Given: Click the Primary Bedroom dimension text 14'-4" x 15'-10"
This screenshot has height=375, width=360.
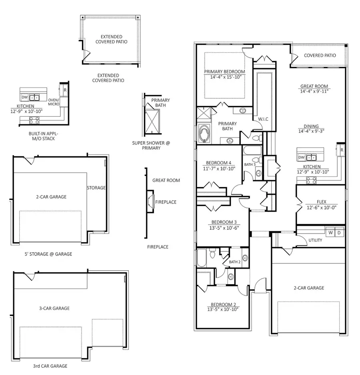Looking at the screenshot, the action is (226, 77).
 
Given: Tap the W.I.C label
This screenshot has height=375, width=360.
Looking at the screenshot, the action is (263, 119).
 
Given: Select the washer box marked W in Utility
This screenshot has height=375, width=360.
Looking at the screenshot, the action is (330, 232).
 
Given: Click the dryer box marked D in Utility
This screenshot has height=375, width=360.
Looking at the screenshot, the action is (339, 232).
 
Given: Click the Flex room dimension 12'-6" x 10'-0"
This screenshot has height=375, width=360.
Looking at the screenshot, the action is (322, 207).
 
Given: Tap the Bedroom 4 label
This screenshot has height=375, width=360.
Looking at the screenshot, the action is (218, 163).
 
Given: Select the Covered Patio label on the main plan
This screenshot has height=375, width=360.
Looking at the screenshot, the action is (320, 56).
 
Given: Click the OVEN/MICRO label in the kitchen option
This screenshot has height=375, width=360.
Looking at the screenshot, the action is (54, 102).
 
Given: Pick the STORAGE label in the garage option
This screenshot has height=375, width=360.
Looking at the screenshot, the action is (96, 188).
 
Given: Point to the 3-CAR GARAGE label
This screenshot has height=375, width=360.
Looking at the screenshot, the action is (54, 308).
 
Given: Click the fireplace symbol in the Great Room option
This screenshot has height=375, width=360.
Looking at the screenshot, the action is (150, 201).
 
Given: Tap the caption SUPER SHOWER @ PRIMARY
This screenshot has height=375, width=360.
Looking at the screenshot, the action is (151, 146).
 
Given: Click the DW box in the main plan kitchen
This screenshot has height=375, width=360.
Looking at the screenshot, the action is (301, 158).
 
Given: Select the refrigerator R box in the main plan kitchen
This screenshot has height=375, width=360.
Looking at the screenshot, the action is (341, 150).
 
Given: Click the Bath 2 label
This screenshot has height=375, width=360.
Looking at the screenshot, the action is (234, 262).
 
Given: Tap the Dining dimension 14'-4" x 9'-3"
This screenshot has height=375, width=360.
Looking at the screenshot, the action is (311, 131).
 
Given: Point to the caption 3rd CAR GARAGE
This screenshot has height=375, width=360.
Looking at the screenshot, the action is (50, 366).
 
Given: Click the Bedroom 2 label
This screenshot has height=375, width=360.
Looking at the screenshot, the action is (223, 305).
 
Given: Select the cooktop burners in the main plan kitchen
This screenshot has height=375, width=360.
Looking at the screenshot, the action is (311, 180).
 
